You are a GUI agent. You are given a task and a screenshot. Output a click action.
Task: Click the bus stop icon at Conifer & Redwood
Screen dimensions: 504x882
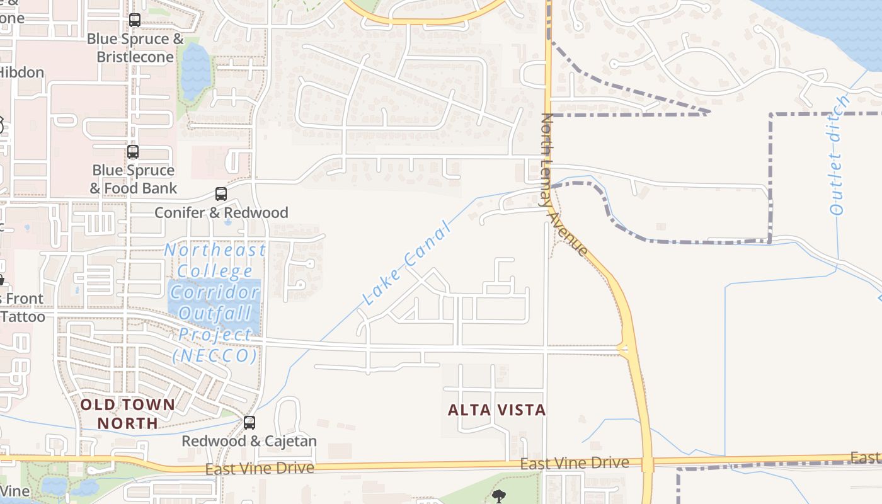click(x=220, y=194)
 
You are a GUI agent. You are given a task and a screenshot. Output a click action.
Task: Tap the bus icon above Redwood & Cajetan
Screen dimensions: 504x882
click(x=249, y=422)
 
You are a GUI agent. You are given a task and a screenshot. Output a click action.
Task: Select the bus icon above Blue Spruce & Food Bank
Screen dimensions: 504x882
click(x=133, y=152)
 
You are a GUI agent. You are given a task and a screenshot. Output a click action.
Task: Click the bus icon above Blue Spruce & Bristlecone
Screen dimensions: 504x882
click(x=135, y=20)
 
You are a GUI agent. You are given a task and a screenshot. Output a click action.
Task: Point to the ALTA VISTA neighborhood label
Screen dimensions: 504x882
click(x=496, y=410)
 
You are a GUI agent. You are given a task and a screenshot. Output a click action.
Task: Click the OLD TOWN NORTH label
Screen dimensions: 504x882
click(x=128, y=413)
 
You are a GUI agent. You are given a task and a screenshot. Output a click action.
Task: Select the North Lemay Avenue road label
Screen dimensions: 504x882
click(x=564, y=185)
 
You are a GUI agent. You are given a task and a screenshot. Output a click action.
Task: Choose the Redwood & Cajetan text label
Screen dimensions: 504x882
click(x=249, y=441)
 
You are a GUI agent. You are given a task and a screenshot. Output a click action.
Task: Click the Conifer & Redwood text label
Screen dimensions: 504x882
click(x=221, y=213)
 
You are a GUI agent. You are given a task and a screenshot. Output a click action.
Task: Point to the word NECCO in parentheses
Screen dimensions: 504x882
click(x=215, y=356)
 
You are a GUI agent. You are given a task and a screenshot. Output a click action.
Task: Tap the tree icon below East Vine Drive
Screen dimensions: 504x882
click(x=499, y=496)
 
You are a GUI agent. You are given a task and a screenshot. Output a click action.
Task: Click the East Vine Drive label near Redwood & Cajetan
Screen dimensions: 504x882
click(x=260, y=468)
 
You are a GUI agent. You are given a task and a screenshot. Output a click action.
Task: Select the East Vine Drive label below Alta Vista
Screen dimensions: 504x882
click(x=575, y=464)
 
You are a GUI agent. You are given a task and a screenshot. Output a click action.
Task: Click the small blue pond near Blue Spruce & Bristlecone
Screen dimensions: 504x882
click(x=195, y=71)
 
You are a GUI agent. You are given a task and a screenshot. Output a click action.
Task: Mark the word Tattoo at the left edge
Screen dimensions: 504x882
click(x=23, y=316)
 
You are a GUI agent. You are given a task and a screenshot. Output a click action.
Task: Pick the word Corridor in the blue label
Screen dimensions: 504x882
click(x=215, y=292)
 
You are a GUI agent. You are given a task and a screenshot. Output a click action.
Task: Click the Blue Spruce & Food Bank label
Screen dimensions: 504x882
click(x=133, y=179)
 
